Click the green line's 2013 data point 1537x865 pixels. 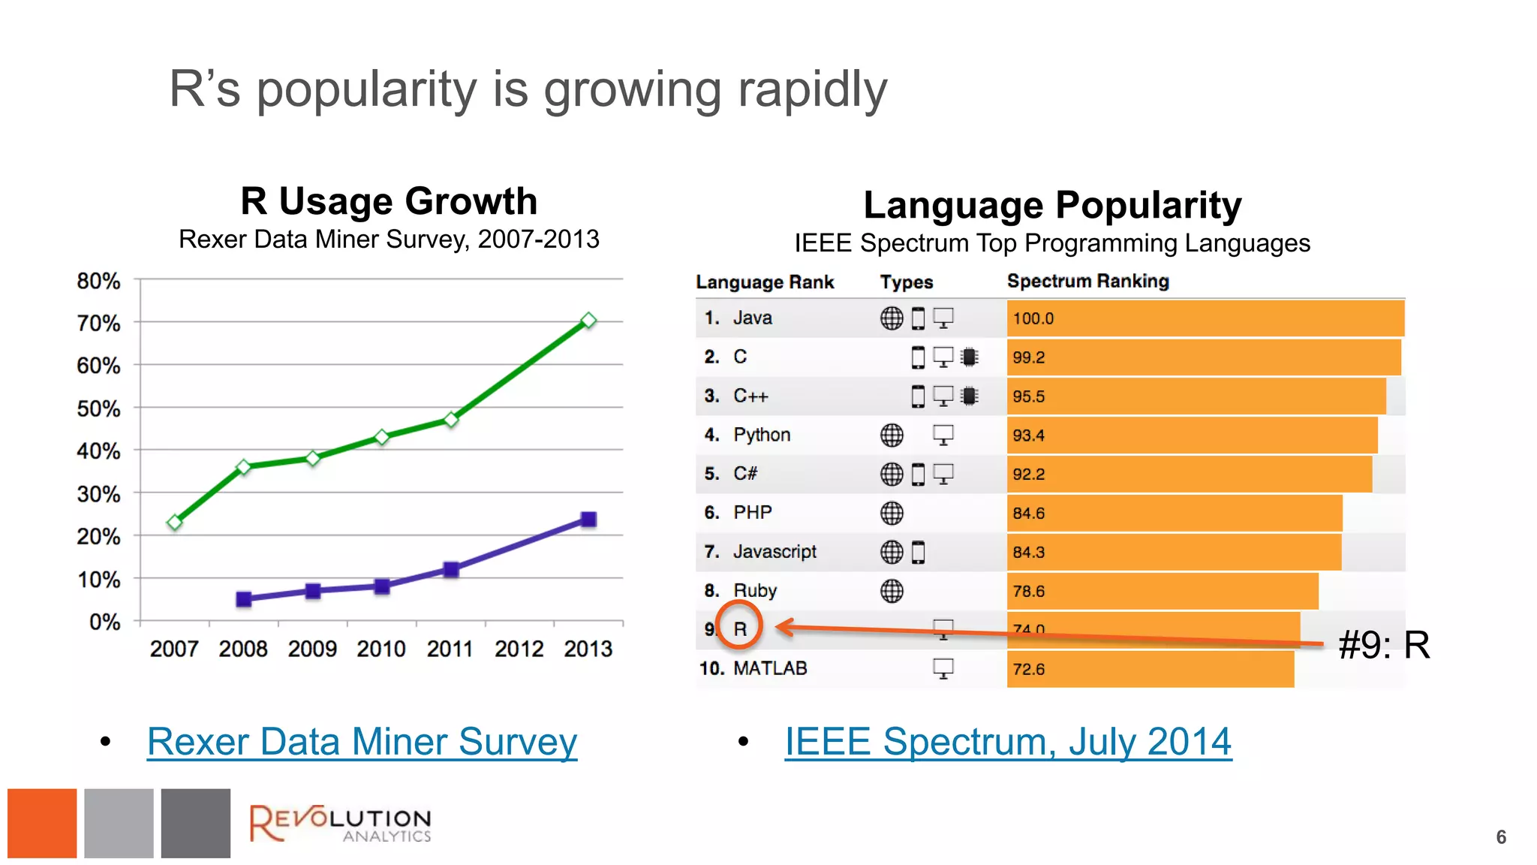pos(589,321)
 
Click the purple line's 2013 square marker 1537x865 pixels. pos(589,519)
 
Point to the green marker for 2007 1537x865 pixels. pos(175,522)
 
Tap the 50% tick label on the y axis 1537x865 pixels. pos(98,408)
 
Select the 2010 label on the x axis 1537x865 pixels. pos(381,649)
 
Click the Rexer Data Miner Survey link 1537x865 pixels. pos(362,742)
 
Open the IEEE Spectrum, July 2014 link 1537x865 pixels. pos(1008,742)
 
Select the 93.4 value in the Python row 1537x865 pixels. pos(1028,436)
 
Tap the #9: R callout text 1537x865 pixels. pos(1384,645)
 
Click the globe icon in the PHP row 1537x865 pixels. pos(892,513)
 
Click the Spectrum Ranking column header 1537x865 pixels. pos(1087,281)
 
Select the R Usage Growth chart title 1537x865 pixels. pos(389,201)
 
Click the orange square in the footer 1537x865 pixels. pos(42,823)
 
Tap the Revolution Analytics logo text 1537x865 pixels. pos(341,824)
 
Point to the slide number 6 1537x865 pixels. pos(1501,837)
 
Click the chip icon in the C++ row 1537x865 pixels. pos(970,396)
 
